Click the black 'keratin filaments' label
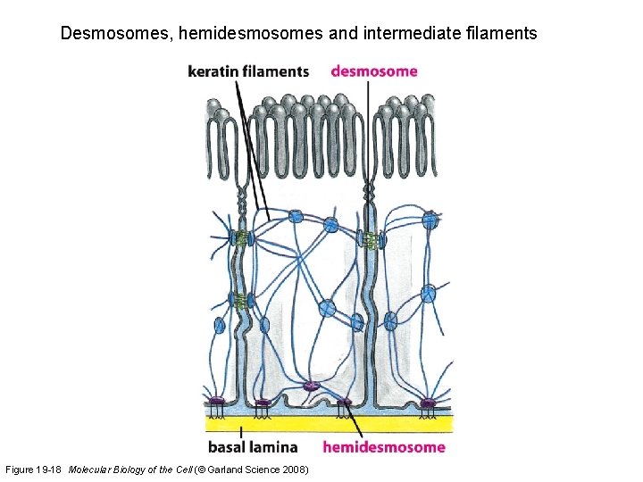point(248,71)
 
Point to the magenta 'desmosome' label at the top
point(374,71)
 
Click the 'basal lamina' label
point(253,446)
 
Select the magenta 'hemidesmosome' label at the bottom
point(383,446)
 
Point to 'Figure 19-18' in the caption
point(34,470)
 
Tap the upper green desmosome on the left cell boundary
point(239,238)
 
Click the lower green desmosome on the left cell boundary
point(239,300)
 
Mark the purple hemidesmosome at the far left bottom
point(217,402)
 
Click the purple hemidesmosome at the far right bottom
point(428,403)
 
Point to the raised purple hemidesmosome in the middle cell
point(311,386)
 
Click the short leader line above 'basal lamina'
point(240,431)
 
